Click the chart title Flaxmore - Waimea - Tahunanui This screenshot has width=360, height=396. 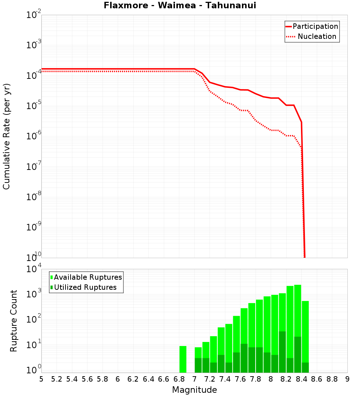(180, 5)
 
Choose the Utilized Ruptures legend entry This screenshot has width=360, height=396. (85, 287)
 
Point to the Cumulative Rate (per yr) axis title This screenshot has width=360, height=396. (6, 136)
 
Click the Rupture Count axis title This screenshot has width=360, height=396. (14, 321)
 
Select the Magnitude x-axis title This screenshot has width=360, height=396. (194, 390)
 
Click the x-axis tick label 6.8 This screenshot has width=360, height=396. (179, 379)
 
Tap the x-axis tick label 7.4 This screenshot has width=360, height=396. (225, 379)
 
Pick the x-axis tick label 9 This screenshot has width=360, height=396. (347, 379)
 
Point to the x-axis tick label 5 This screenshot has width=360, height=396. (41, 379)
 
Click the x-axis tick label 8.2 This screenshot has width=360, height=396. (286, 379)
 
